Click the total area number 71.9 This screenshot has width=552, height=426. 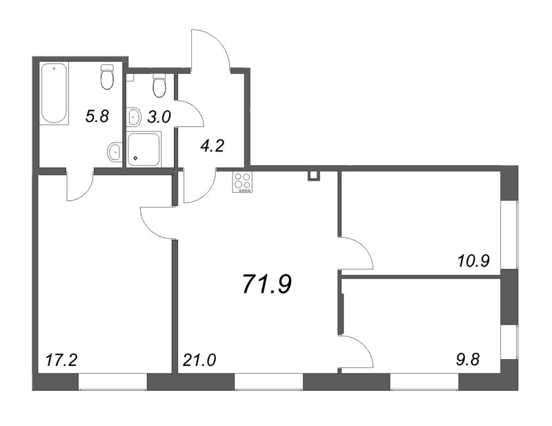(x=267, y=283)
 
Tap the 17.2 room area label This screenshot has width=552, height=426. (x=61, y=360)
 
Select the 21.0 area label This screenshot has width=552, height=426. (x=199, y=360)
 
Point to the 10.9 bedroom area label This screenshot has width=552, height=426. (x=473, y=261)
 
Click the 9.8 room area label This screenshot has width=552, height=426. (x=466, y=360)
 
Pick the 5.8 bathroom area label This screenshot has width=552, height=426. (x=97, y=116)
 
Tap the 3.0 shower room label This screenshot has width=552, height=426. (x=159, y=116)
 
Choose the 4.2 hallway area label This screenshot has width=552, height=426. (x=212, y=145)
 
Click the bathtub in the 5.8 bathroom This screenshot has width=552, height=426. (x=55, y=93)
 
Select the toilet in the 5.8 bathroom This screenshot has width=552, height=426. (x=107, y=77)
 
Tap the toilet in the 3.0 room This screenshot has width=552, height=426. (x=159, y=85)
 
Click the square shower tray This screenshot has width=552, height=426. (x=144, y=149)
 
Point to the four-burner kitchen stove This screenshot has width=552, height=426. (x=242, y=183)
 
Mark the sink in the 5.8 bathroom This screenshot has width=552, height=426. (x=115, y=152)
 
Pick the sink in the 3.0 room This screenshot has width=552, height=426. (x=134, y=116)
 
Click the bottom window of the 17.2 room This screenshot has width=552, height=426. (x=112, y=382)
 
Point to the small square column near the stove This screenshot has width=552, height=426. (x=313, y=176)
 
